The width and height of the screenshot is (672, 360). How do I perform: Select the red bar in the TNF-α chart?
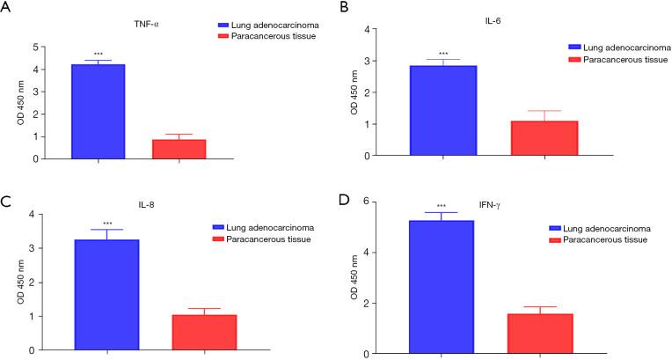click(179, 149)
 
